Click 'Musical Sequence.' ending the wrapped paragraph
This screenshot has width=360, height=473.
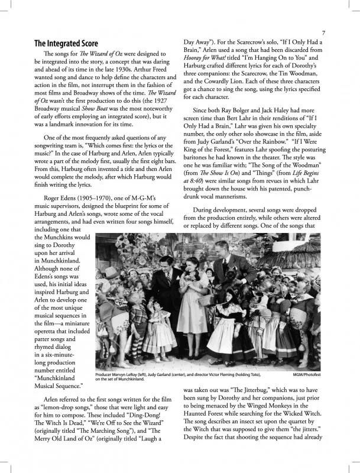(58, 385)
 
